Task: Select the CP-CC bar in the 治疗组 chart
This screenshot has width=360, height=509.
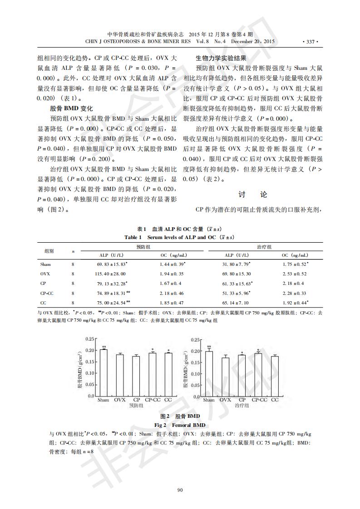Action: click(x=258, y=375)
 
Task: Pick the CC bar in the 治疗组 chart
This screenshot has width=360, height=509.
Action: click(x=274, y=376)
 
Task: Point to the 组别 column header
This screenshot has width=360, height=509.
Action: click(x=49, y=250)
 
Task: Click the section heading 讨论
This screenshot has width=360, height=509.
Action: click(x=253, y=195)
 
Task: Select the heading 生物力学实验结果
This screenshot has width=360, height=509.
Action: click(x=221, y=59)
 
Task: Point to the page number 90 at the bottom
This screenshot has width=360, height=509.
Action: click(x=180, y=490)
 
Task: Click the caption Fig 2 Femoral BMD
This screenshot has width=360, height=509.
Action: click(x=180, y=425)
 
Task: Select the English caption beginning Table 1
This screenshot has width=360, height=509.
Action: click(x=180, y=237)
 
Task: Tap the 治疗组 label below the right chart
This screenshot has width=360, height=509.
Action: click(x=242, y=406)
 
